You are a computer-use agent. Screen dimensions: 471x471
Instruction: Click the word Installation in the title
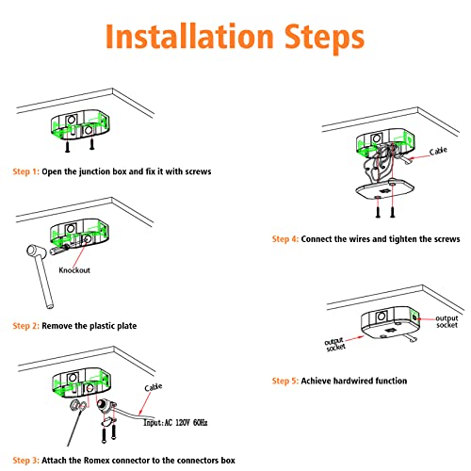coord(189,37)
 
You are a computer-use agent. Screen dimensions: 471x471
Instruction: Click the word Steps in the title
coord(325,39)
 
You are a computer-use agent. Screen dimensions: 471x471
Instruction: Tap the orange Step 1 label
coord(25,171)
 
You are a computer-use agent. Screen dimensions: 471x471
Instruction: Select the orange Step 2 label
coord(25,326)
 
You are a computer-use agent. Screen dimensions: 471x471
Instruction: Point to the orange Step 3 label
coord(25,461)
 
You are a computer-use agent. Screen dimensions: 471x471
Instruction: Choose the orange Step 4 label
coord(285,239)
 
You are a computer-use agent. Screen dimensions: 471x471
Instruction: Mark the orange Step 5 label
coord(285,381)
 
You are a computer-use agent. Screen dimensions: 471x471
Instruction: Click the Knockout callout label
coord(74,270)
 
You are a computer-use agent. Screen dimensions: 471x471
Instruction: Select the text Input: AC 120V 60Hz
coord(175,423)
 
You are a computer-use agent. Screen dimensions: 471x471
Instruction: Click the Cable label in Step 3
coord(154,387)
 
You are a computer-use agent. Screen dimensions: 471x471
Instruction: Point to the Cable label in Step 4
coord(438,151)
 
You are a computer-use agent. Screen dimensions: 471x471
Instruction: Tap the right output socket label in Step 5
coord(447,322)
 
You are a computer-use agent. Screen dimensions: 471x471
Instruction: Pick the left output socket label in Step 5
coord(335,345)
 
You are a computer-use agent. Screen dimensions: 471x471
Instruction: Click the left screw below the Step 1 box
coord(68,146)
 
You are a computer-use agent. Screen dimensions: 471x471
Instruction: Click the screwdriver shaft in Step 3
coord(75,427)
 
